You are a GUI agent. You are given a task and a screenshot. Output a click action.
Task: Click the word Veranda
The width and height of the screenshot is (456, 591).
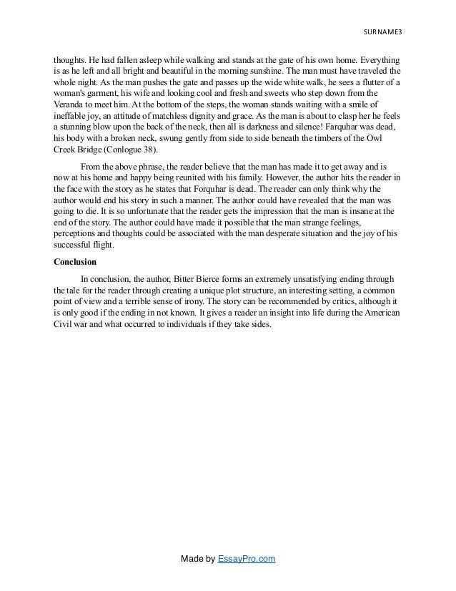pyautogui.click(x=71, y=106)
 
